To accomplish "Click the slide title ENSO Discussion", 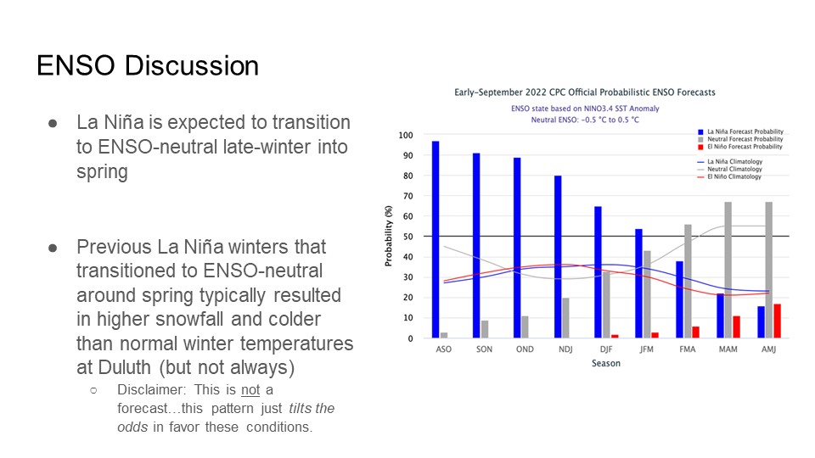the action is [148, 66].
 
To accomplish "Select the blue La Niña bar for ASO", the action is [436, 239].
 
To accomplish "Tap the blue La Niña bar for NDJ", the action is [558, 256].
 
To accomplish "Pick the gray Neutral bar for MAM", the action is [728, 270].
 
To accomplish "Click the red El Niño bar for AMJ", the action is [777, 321].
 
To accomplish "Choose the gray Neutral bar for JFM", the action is [647, 294].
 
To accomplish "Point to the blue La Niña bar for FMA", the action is [679, 299].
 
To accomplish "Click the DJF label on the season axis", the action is [606, 349].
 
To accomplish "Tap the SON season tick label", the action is [484, 349].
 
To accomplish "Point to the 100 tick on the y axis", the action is [406, 135].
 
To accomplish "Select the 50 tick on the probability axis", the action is [408, 237].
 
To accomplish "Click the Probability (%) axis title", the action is [388, 236].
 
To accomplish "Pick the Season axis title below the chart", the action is [606, 363].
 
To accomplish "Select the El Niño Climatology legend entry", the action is [729, 176].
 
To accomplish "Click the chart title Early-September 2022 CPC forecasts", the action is [585, 92].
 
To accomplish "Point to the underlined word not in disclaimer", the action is [250, 389].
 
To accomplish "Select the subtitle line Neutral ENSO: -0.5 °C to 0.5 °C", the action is [585, 120].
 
